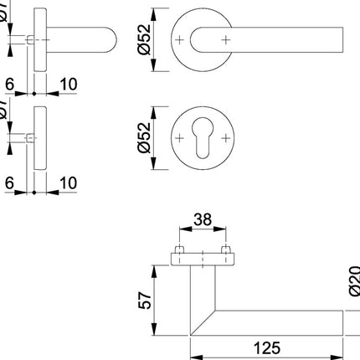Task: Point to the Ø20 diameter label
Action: click(x=353, y=276)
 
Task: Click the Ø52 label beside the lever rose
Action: click(x=145, y=39)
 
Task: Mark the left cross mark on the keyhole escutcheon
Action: click(x=181, y=136)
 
